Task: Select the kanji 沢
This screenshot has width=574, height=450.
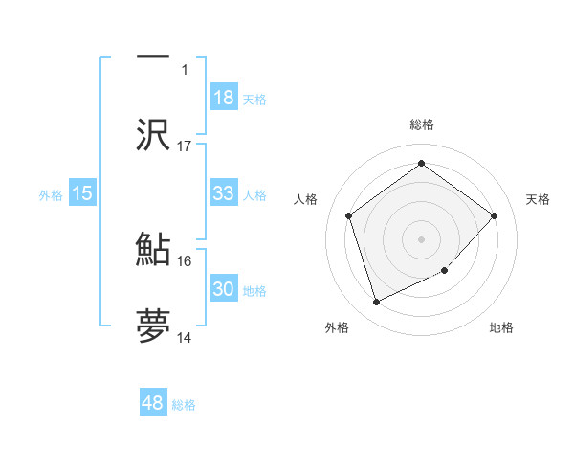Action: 153,134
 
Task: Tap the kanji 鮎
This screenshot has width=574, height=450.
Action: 153,249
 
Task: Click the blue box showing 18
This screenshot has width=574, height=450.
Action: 224,97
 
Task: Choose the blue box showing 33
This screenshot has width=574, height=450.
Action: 224,192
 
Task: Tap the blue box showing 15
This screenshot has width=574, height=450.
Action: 82,193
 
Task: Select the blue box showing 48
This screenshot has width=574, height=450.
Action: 153,403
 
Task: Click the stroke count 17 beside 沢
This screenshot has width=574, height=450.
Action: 185,146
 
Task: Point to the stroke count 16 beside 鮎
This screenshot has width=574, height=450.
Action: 185,260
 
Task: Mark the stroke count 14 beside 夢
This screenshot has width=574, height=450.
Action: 185,337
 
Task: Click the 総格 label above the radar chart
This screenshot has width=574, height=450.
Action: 422,124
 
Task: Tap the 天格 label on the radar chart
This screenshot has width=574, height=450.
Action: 539,199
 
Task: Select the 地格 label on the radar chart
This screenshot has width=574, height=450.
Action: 501,327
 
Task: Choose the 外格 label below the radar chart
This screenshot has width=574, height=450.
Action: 337,327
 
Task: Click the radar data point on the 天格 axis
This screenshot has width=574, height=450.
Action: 495,215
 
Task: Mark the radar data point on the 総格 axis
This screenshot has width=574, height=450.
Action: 421,164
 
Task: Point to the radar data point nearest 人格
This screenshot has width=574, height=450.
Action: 349,215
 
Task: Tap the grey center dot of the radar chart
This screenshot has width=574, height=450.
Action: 421,238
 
